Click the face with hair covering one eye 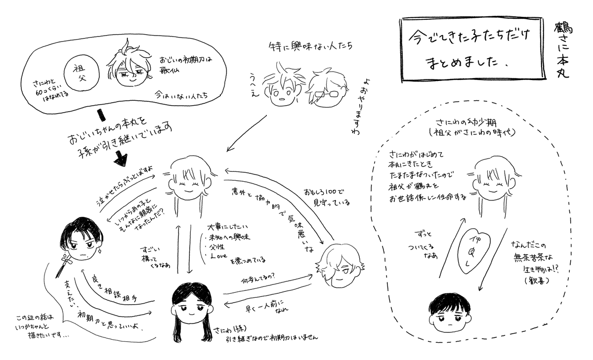pyautogui.click(x=339, y=267)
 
